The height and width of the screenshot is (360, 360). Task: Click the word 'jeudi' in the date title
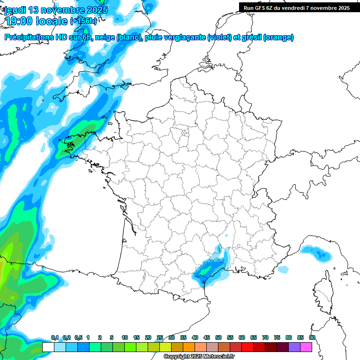pyautogui.click(x=15, y=10)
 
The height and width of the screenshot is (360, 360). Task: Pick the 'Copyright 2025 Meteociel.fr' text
pyautogui.click(x=199, y=357)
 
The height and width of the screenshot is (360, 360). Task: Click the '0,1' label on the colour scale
pyautogui.click(x=55, y=338)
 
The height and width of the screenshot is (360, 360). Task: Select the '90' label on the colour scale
pyautogui.click(x=312, y=338)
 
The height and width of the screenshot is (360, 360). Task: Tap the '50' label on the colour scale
pyautogui.click(x=218, y=338)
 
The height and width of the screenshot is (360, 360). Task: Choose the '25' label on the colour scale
pyautogui.click(x=160, y=338)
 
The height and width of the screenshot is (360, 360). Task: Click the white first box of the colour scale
pyautogui.click(x=48, y=347)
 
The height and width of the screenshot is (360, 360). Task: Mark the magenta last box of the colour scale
pyautogui.click(x=306, y=347)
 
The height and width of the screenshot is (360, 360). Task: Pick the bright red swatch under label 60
pyautogui.click(x=247, y=347)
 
